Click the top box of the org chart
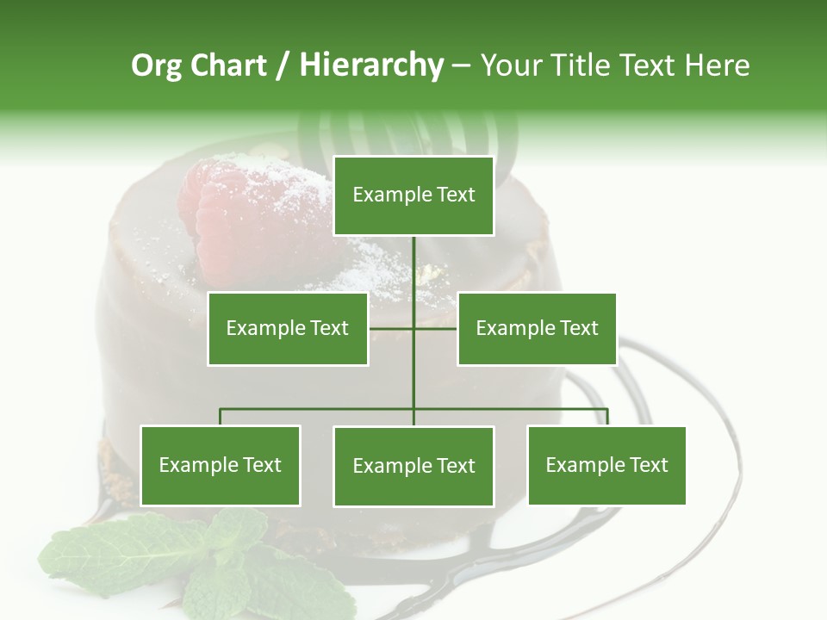413,195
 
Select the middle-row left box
288,328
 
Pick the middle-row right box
537,328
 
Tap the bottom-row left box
221,465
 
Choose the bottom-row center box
413,466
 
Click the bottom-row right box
606,465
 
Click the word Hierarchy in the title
371,65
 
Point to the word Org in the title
156,65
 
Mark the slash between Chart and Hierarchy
282,66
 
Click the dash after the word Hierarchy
461,66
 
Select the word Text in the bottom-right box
648,465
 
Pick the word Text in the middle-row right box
578,328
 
